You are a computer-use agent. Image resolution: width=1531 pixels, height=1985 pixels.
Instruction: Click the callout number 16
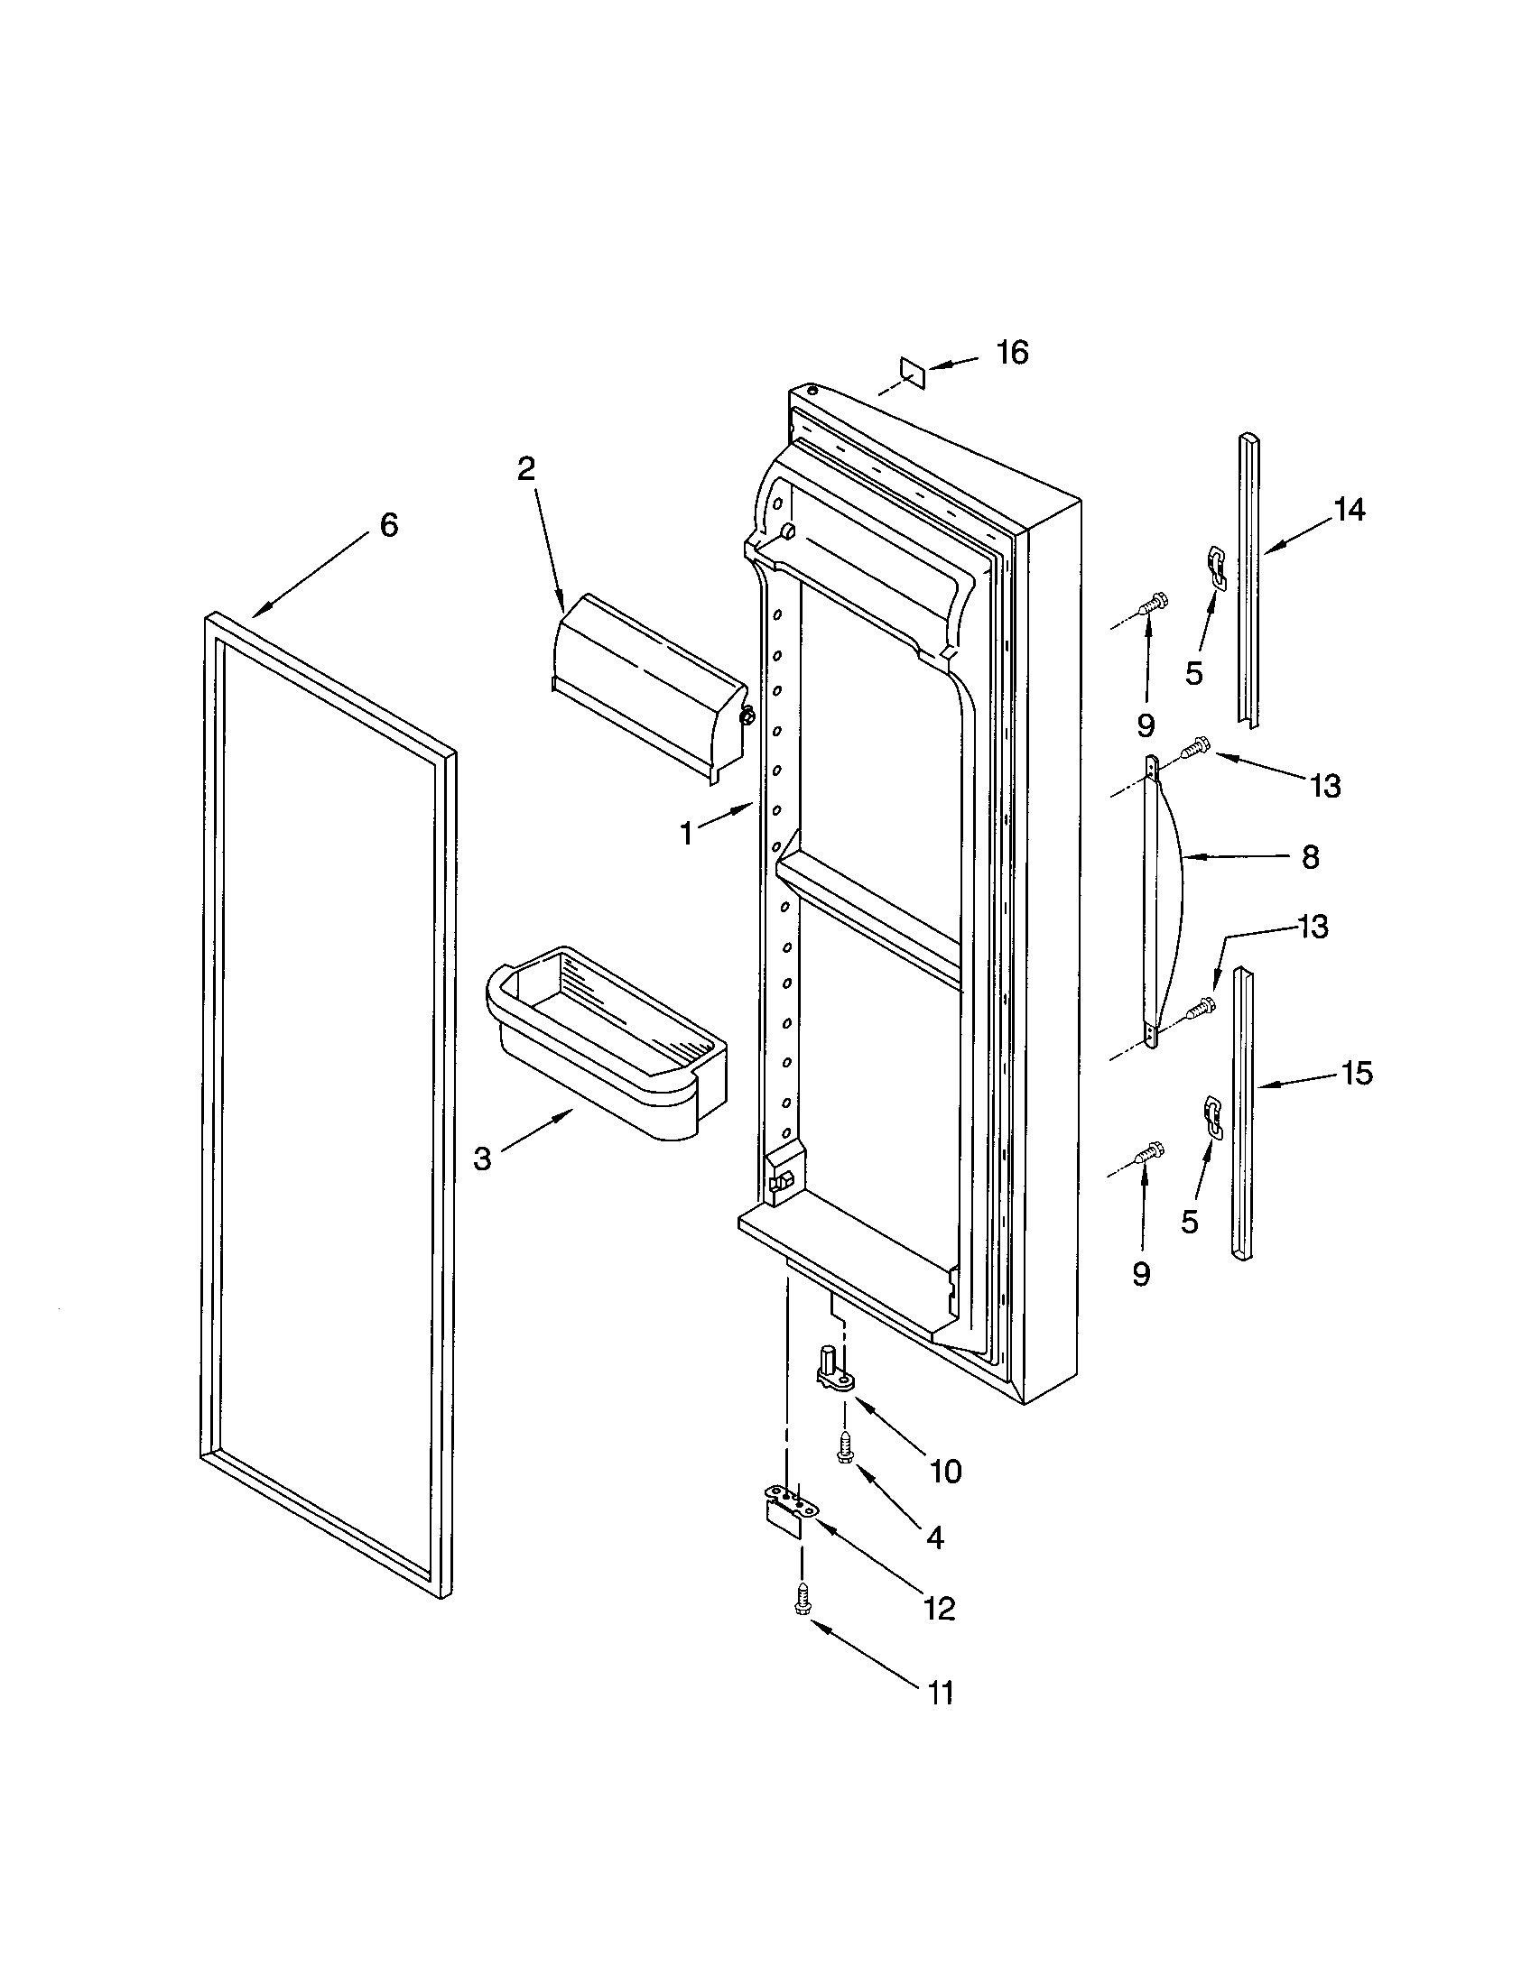point(1011,352)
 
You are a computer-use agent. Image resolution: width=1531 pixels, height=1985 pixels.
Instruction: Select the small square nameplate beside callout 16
point(912,371)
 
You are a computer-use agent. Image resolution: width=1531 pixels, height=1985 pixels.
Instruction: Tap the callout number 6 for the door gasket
point(388,524)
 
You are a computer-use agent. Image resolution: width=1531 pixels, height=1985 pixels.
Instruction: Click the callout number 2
point(525,468)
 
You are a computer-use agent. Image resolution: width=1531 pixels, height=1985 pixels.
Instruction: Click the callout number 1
point(687,833)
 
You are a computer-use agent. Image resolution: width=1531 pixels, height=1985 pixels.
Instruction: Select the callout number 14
point(1350,511)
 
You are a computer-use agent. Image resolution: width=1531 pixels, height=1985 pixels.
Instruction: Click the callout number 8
point(1310,856)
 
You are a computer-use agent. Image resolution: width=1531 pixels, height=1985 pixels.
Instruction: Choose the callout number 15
point(1357,1074)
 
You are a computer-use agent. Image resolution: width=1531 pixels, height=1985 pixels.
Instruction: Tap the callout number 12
point(939,1609)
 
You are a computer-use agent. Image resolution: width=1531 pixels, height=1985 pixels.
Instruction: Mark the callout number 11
point(940,1694)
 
